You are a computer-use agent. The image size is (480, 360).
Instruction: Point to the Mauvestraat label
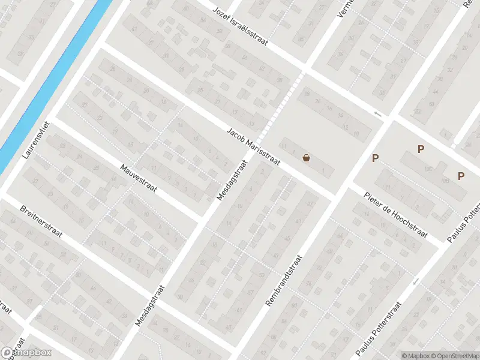[138, 179]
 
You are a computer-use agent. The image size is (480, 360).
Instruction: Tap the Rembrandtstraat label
[284, 280]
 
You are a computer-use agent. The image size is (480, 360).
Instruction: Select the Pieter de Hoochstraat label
[396, 214]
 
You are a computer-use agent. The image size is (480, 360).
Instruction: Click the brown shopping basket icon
[307, 158]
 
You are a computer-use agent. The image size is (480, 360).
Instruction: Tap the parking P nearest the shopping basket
[376, 158]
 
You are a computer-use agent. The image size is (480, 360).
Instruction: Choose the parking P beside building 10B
[461, 176]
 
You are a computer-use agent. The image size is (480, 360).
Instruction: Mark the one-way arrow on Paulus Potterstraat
[415, 281]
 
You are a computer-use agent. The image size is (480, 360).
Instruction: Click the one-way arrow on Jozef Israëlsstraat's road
[377, 114]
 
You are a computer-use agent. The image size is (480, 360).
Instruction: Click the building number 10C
[428, 170]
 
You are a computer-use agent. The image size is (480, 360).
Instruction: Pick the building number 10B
[445, 181]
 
